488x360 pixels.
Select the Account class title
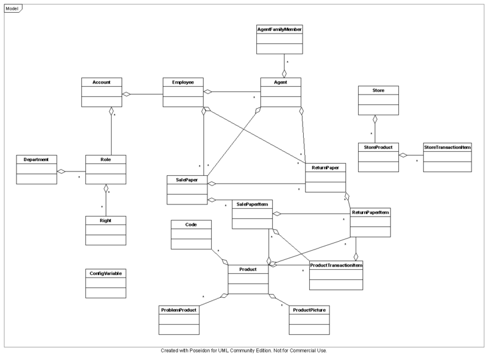(x=102, y=82)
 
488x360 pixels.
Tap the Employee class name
(x=183, y=82)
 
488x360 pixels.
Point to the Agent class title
(x=281, y=82)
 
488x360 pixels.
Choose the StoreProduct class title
(x=378, y=147)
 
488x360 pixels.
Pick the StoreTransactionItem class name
(x=447, y=147)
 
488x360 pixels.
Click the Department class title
(x=36, y=159)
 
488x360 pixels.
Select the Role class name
(x=106, y=159)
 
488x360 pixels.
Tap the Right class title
(x=106, y=219)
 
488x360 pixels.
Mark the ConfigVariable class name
(x=106, y=273)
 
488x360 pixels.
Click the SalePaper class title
(x=187, y=179)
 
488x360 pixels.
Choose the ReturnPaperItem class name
(x=370, y=212)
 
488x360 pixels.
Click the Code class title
(x=191, y=225)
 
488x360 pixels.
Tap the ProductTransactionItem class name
(x=336, y=265)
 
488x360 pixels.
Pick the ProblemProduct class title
(x=179, y=310)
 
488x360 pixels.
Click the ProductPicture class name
(x=309, y=310)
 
